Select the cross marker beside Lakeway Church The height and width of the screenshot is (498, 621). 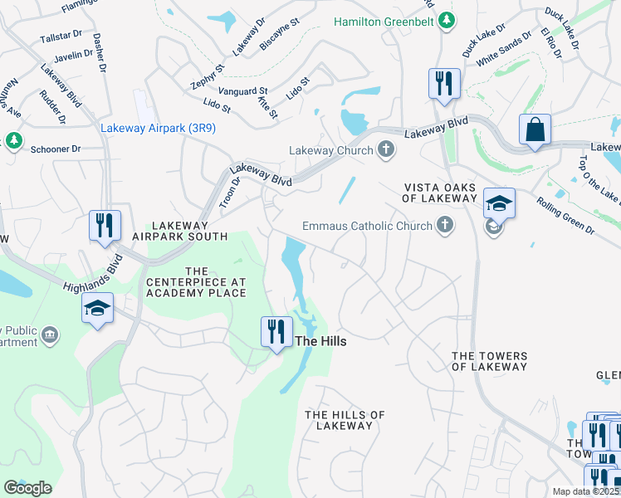pos(384,150)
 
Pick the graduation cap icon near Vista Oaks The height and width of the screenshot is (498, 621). pos(500,203)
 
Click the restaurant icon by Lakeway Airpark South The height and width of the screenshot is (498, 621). pos(105,225)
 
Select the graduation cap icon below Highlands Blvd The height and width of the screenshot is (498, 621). pos(97,309)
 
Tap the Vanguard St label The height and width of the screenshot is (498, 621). pos(242,91)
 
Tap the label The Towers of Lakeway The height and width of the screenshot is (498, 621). pos(489,361)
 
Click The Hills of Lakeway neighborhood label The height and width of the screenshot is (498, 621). pos(345,420)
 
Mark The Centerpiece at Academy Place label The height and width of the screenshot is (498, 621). pos(196,282)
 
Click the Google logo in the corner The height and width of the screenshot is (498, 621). pos(27,488)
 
